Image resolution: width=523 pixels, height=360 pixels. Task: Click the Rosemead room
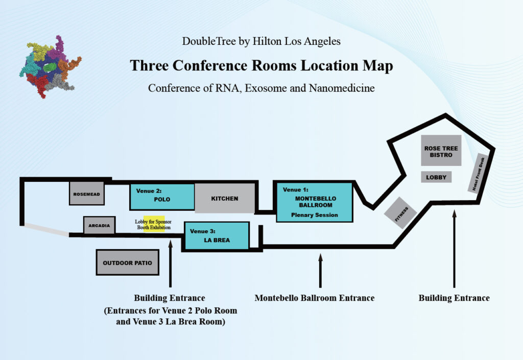point(87,194)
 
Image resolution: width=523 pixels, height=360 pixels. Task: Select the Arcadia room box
point(100,226)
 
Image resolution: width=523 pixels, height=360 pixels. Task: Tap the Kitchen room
point(225,198)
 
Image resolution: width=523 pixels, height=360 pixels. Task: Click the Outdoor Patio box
point(127,262)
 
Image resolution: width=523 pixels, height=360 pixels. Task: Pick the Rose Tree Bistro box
point(441,151)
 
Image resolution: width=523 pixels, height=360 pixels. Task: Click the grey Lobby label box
point(436,177)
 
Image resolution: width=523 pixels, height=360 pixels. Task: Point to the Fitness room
point(400,213)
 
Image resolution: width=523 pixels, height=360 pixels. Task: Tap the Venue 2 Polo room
point(162,197)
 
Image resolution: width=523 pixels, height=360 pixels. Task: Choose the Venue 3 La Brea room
point(217,236)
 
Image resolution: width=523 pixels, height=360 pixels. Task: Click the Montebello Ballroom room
point(314,202)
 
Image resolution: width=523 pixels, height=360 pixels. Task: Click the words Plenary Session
point(315,215)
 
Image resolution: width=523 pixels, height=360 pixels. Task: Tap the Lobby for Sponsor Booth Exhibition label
point(153,224)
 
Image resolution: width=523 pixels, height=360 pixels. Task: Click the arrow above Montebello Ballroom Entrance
point(321,270)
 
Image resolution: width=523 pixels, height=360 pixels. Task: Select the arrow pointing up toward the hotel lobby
point(454,249)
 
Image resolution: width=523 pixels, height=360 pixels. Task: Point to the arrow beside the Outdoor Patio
point(171,263)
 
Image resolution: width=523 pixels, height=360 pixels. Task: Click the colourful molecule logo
point(51,67)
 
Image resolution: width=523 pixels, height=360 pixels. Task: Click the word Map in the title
point(378,66)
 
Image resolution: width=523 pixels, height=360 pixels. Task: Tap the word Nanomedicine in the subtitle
point(342,88)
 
